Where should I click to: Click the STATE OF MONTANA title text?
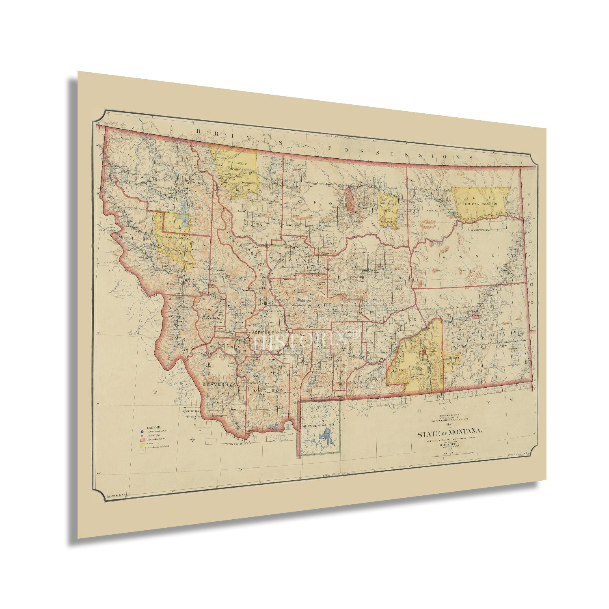pos(450,434)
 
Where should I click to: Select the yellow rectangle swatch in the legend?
pos(143,445)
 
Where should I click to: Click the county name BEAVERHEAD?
pos(219,383)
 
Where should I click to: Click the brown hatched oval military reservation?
pos(349,199)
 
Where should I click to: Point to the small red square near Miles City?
pos(475,314)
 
